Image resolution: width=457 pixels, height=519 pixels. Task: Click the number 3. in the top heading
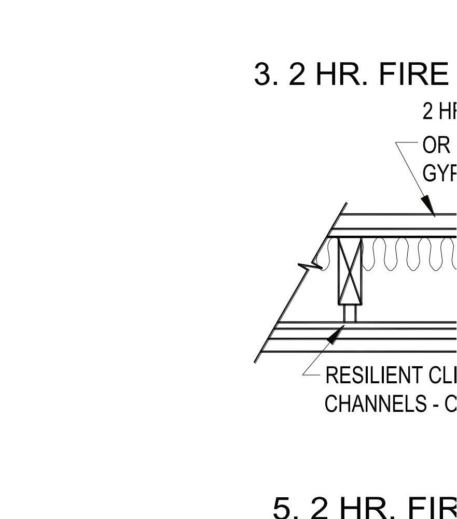coord(267,74)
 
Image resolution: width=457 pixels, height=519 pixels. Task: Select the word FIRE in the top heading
coord(414,74)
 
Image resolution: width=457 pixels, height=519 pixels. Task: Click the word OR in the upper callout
coord(436,146)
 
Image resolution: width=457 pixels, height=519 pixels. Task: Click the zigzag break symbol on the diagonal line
coord(310,266)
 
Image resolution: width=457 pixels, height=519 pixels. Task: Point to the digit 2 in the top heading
coord(297,74)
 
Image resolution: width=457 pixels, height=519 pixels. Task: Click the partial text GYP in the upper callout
coord(440,173)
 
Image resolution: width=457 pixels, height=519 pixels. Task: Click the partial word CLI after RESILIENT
coord(443,376)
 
